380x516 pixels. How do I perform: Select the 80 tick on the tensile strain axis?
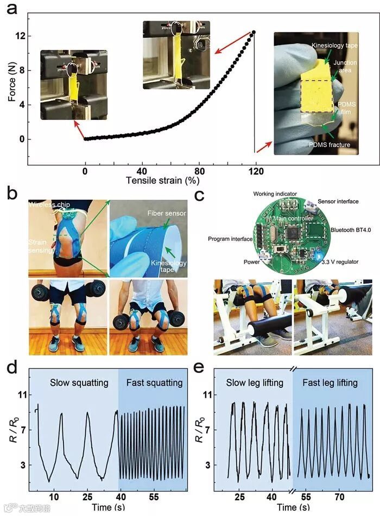199,170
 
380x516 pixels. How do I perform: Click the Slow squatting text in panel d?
79,383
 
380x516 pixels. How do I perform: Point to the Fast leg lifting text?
330,383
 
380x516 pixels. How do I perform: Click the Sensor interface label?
338,201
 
